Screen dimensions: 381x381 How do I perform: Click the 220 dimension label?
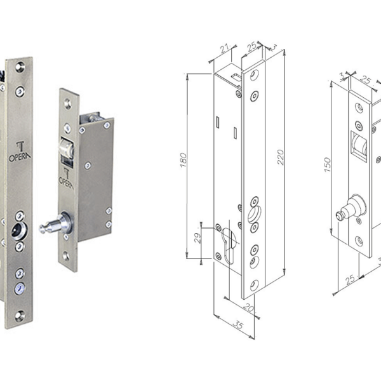click(281, 157)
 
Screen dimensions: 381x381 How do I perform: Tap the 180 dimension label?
click(184, 160)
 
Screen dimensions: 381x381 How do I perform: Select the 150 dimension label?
click(328, 164)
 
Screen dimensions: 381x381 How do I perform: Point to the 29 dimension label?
click(197, 238)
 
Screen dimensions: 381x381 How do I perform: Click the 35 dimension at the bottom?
click(238, 324)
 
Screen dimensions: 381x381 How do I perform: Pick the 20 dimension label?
click(248, 307)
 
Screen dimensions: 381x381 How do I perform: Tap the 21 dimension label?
click(225, 48)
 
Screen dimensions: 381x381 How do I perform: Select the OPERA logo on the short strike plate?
click(66, 178)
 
